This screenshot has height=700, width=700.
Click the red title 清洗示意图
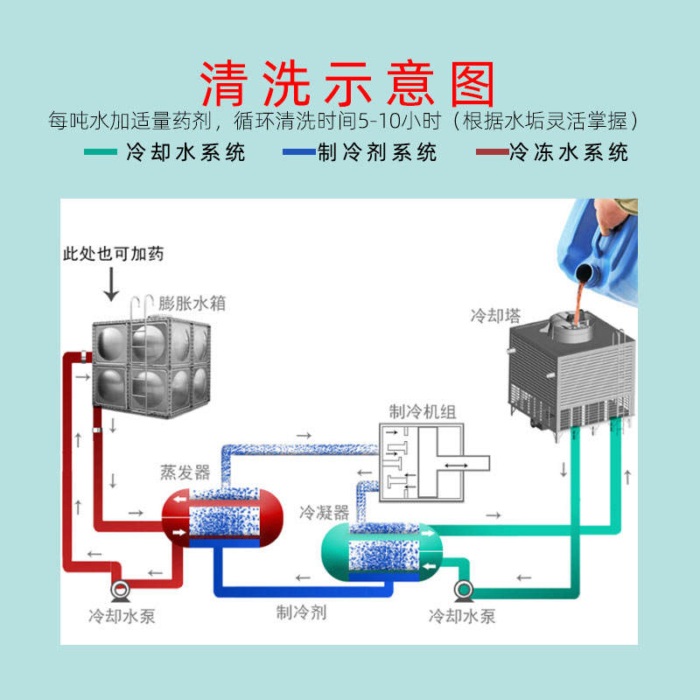348,84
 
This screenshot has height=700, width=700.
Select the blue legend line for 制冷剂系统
297,153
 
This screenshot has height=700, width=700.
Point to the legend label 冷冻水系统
569,153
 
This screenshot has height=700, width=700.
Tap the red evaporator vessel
223,516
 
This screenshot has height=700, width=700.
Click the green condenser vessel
381,551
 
